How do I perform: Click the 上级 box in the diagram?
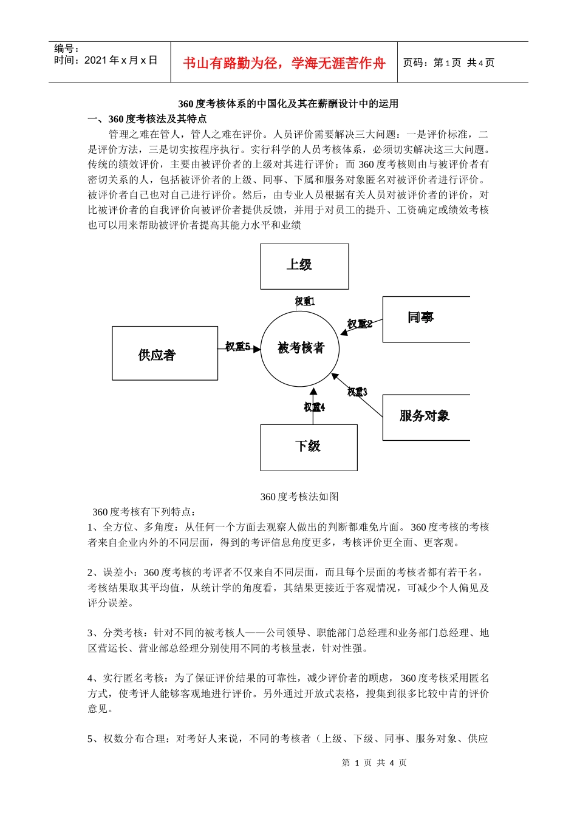[304, 266]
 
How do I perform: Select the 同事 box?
[425, 319]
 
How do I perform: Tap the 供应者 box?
[165, 353]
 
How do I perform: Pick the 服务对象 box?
[425, 416]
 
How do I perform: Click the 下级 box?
[309, 447]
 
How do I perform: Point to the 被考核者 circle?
[300, 348]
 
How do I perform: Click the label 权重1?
[305, 301]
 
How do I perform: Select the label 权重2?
[360, 324]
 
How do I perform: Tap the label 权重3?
[357, 392]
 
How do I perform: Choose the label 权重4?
[314, 407]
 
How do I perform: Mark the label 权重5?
[237, 347]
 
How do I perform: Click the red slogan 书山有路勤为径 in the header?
[284, 63]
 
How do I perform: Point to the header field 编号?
[66, 49]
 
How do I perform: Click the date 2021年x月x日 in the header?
[120, 60]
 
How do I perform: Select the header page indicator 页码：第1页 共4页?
[449, 63]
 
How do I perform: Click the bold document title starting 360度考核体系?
[288, 104]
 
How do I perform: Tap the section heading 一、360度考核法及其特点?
[147, 119]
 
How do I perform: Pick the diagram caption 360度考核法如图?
[299, 497]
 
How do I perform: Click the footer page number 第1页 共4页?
[374, 763]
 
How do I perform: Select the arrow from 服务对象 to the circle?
[358, 396]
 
